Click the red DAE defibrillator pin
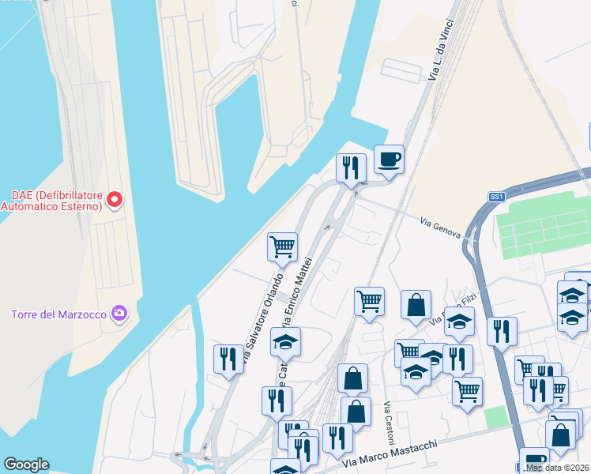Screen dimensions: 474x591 coord(115,199)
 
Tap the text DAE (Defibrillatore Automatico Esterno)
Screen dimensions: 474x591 coord(51,201)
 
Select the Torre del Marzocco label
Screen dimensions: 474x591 coord(58,314)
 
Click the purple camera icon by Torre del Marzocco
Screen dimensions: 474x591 coord(119,314)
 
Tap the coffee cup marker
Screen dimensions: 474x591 coord(389,160)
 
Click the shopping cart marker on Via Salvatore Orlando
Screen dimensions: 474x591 coord(282,247)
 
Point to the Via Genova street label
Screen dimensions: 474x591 coord(439,226)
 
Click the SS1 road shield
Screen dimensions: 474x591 coord(496,197)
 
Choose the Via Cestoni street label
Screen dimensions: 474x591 coord(388,423)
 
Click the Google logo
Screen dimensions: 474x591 coord(26,465)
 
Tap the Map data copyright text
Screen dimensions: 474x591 coord(558,468)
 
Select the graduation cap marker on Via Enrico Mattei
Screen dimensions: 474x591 coord(286,342)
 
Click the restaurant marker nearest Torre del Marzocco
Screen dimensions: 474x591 coord(228,359)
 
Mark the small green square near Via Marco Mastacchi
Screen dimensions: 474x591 coord(495,417)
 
